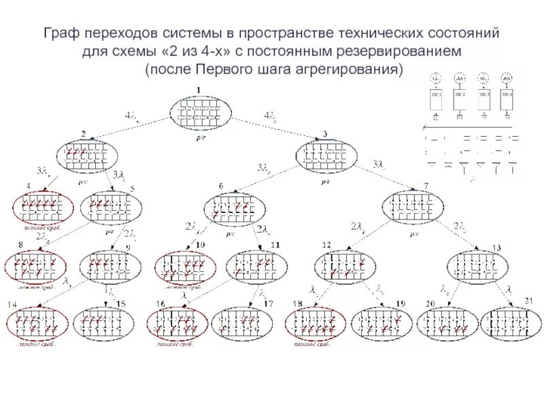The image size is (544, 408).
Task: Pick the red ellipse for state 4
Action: point(40,208)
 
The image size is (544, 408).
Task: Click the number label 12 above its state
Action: point(326,244)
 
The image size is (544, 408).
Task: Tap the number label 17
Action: point(268,303)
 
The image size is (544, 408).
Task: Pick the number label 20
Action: point(429,303)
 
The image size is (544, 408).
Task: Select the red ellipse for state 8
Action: point(35,266)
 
